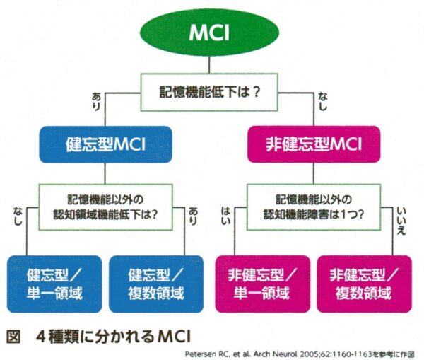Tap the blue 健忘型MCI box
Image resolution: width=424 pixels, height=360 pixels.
[x=105, y=145]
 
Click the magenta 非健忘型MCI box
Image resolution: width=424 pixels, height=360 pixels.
[x=313, y=145]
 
